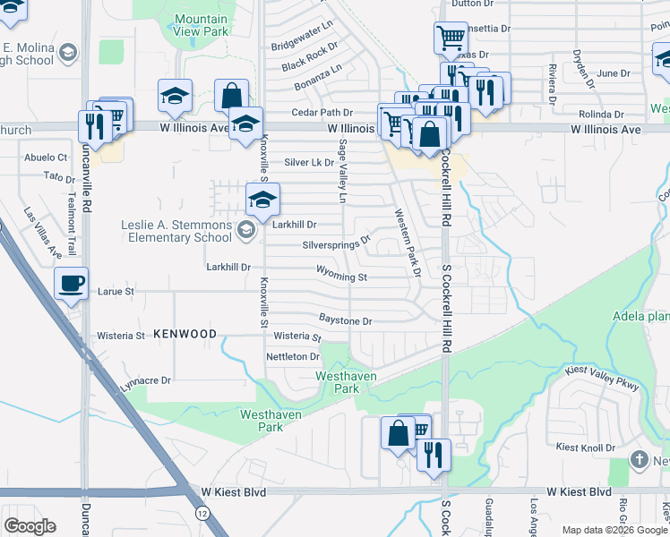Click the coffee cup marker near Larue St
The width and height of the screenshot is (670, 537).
(x=72, y=286)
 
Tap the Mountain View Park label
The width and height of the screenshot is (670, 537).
(x=201, y=25)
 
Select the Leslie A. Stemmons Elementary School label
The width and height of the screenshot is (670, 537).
(x=177, y=231)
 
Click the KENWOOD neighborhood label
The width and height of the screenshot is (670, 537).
(x=185, y=334)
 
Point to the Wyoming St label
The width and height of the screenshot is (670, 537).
(x=341, y=277)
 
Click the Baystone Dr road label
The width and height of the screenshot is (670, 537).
(x=345, y=320)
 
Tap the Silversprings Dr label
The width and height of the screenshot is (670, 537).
(x=337, y=243)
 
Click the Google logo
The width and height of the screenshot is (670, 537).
(x=30, y=525)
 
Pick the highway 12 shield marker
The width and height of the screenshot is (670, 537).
(x=202, y=511)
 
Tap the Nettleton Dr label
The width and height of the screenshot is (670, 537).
(x=293, y=356)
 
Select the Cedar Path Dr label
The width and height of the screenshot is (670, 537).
(x=322, y=113)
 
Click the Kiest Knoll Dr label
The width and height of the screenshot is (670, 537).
(x=585, y=447)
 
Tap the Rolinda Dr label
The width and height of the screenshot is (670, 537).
(x=600, y=115)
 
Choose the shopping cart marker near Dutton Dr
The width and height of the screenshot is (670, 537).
(x=451, y=39)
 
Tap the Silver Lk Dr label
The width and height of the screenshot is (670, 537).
(x=309, y=163)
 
